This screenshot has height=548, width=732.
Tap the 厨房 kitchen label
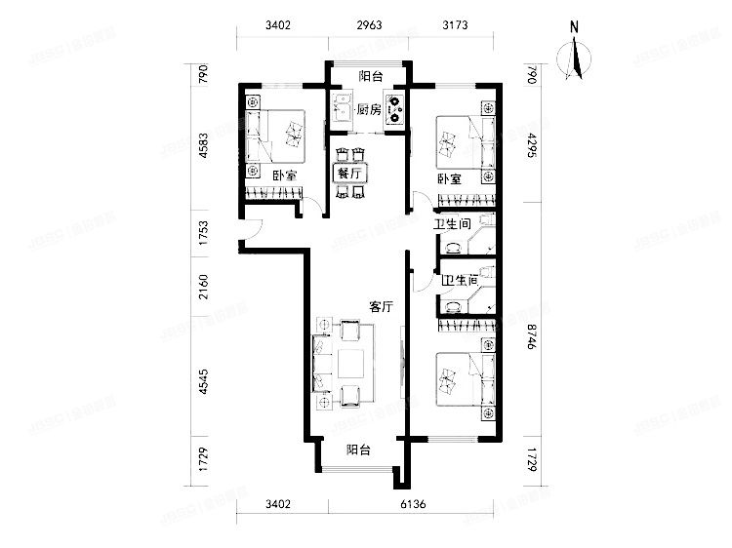pyautogui.click(x=368, y=109)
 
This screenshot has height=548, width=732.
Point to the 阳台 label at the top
pyautogui.click(x=369, y=75)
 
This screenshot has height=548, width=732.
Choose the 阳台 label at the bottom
pyautogui.click(x=359, y=450)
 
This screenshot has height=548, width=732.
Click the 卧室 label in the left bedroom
pyautogui.click(x=285, y=176)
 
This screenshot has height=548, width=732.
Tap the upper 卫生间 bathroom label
pyautogui.click(x=453, y=224)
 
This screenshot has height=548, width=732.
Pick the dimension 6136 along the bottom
pyautogui.click(x=415, y=504)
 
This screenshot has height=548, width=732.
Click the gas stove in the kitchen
pyautogui.click(x=395, y=109)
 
